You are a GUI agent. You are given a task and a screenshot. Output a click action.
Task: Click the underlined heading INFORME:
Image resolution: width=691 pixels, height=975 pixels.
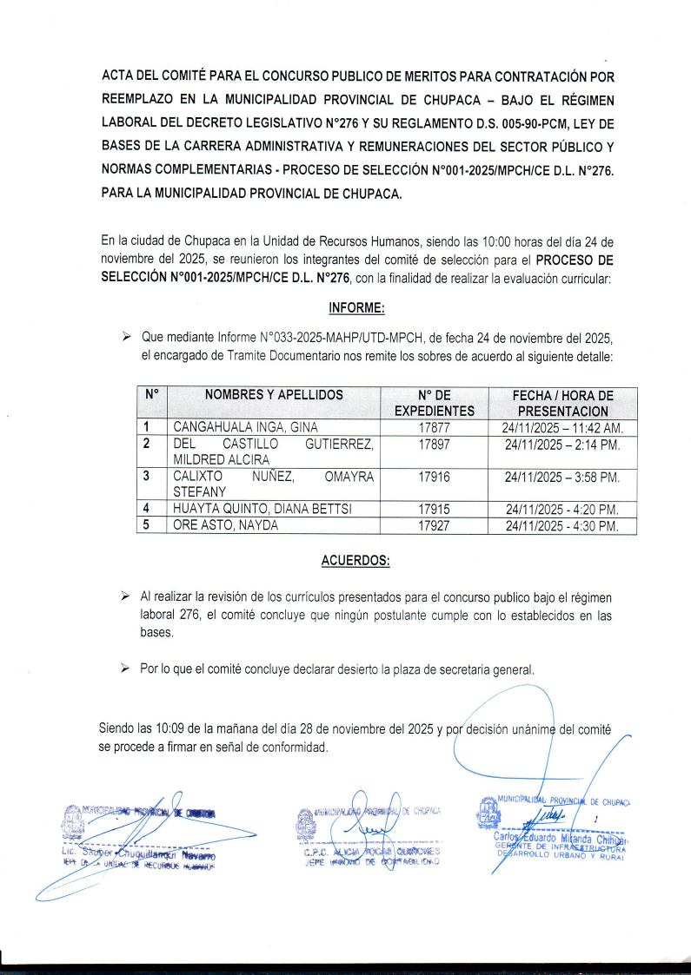[356, 308]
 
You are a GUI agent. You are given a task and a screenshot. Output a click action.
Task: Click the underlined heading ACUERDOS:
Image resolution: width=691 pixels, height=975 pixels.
[355, 560]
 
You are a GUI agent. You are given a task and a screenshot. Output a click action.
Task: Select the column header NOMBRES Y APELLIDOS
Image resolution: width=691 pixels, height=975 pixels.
[274, 395]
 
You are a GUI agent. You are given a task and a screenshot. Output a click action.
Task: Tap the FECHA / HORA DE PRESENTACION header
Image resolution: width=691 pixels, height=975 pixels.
[562, 403]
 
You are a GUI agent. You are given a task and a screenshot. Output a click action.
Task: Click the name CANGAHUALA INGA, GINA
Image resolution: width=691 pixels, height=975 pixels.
[246, 427]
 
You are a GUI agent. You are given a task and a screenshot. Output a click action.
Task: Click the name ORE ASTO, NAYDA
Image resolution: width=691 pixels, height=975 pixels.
[226, 526]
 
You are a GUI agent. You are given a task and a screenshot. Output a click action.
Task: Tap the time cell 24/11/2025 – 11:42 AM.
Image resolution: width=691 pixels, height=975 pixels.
[562, 427]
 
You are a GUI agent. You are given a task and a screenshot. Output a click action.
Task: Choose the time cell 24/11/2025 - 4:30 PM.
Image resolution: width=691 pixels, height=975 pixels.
[562, 526]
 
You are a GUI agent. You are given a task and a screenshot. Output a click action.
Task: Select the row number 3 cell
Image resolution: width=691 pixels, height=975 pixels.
[147, 476]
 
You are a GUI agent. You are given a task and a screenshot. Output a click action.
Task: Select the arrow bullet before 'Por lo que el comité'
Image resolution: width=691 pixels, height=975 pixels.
[125, 669]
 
